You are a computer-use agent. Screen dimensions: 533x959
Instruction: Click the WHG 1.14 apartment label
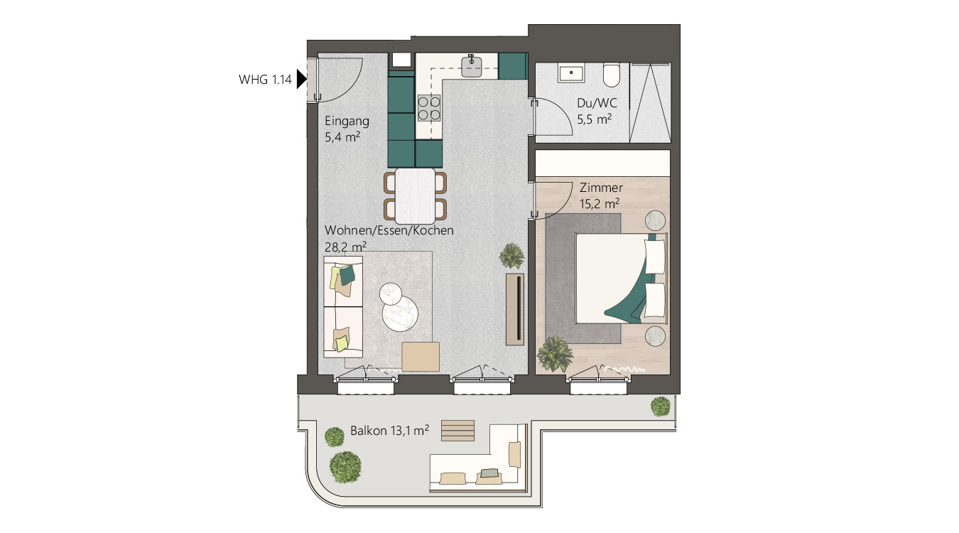[x=265, y=80]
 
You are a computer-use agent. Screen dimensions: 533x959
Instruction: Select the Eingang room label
[x=347, y=121]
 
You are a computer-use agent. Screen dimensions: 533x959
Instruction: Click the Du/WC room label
[x=592, y=102]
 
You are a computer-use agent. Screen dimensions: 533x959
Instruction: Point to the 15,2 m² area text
[x=600, y=203]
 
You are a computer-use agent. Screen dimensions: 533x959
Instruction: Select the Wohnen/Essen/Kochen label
[x=389, y=231]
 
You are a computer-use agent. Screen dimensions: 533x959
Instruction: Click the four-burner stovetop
[x=429, y=108]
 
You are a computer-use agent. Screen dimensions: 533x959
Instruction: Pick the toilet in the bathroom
[x=612, y=73]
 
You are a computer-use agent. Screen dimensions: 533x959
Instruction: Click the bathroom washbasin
[x=570, y=72]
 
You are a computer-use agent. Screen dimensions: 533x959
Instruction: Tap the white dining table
[x=415, y=195]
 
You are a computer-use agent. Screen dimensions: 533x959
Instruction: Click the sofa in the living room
[x=343, y=307]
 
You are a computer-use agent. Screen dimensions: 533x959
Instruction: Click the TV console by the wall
[x=515, y=308]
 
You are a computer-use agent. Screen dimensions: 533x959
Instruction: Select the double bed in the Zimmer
[x=622, y=276]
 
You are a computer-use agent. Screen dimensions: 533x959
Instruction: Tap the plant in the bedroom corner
[x=555, y=353]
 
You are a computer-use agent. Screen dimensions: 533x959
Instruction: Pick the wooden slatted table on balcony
[x=457, y=430]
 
